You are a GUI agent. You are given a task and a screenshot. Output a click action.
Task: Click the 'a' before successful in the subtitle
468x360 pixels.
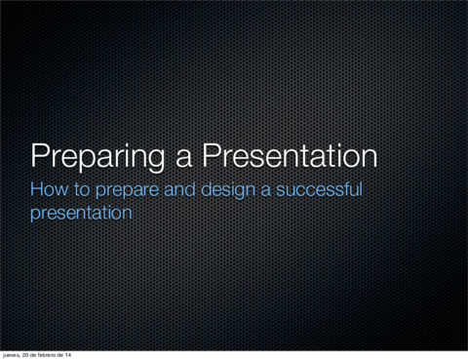click(266, 190)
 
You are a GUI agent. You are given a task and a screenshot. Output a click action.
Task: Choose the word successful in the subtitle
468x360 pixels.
click(319, 189)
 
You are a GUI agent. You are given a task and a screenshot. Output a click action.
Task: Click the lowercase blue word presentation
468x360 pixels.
click(81, 212)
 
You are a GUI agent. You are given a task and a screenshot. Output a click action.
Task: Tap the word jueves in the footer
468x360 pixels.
click(13, 354)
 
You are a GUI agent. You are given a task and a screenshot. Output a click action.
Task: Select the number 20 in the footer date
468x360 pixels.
click(30, 354)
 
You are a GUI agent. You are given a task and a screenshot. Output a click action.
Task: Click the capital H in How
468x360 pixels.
click(38, 189)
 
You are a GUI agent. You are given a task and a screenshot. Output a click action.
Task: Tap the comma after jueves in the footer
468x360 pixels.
click(23, 356)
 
